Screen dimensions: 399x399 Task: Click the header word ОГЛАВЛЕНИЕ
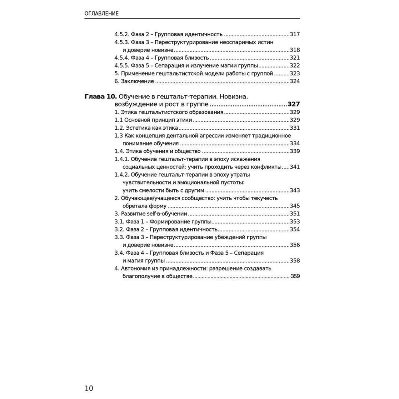pyautogui.click(x=102, y=14)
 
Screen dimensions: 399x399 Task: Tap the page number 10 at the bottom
pyautogui.click(x=89, y=388)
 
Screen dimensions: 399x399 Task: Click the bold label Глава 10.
pyautogui.click(x=100, y=97)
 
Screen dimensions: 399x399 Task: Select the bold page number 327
pyautogui.click(x=294, y=105)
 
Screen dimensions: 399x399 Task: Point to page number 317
pyautogui.click(x=295, y=34)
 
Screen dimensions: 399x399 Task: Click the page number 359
pyautogui.click(x=295, y=276)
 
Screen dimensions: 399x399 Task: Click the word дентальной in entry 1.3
pyautogui.click(x=188, y=136)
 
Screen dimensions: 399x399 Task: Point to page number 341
pyautogui.click(x=295, y=167)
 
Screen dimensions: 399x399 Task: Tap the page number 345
pyautogui.click(x=295, y=206)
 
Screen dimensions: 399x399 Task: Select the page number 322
pyautogui.click(x=295, y=66)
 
